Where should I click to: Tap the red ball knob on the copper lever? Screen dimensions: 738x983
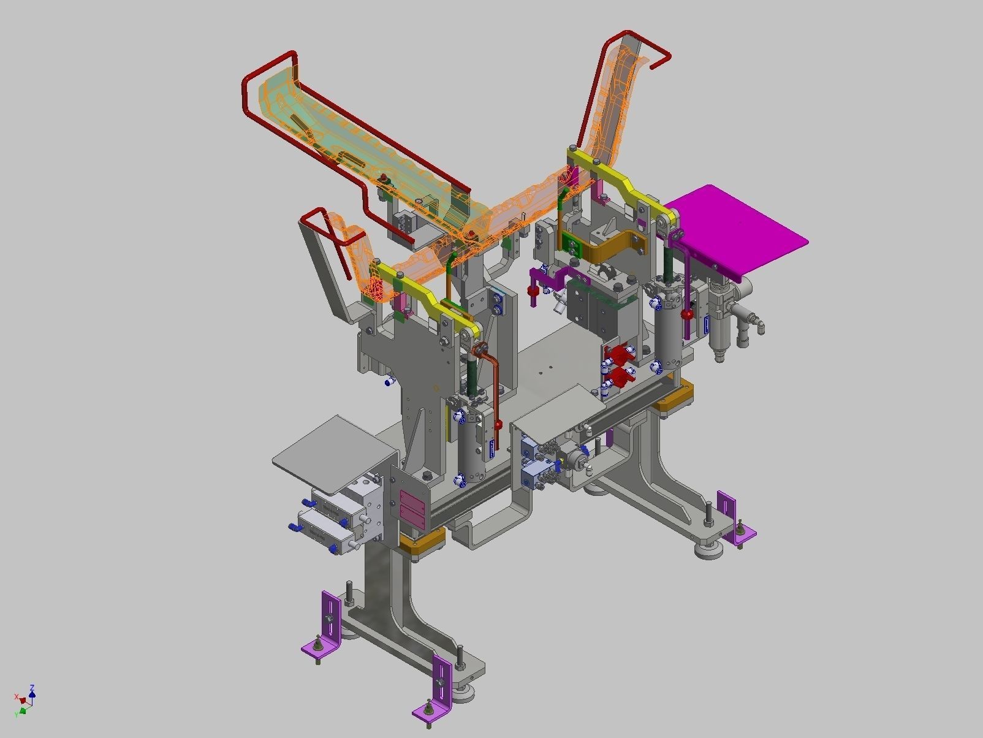tap(498, 424)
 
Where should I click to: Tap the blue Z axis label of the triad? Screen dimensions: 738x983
tap(32, 688)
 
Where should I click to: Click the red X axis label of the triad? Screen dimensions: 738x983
tap(17, 697)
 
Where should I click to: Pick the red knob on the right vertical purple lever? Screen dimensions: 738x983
tap(688, 315)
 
